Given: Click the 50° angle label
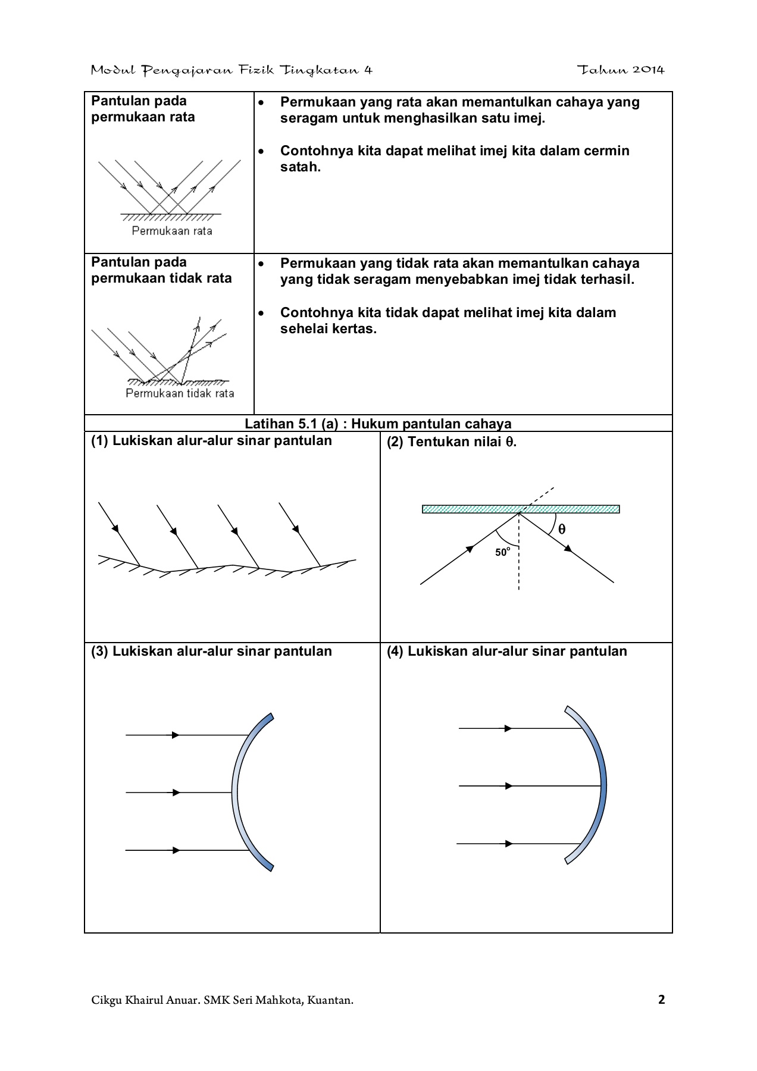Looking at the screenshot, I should [x=502, y=552].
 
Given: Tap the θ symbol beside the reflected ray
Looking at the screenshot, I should [x=562, y=529].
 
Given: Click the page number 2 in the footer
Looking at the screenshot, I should [x=661, y=1000].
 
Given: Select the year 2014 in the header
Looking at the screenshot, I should [x=648, y=70].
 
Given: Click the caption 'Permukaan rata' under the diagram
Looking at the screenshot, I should [x=172, y=231].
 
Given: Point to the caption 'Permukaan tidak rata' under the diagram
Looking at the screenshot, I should [x=180, y=393].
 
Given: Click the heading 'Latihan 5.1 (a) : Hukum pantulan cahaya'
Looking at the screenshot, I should [x=378, y=424].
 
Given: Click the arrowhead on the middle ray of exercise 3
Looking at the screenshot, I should [x=176, y=793].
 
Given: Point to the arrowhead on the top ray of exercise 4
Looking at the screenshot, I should [x=508, y=728].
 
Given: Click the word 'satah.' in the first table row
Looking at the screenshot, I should [x=301, y=167].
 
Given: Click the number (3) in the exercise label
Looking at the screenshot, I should [x=99, y=651].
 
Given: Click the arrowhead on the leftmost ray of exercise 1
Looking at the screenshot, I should [x=115, y=528].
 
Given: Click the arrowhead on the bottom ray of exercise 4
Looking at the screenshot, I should [x=508, y=844].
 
